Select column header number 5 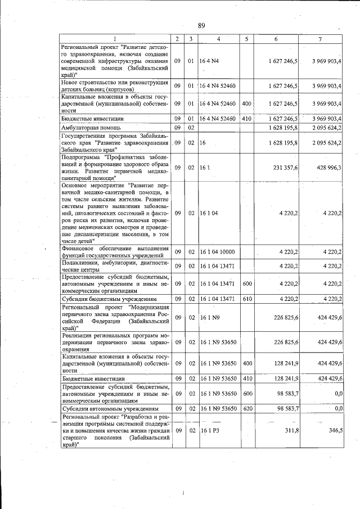[x=246, y=38]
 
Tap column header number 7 [x=319, y=38]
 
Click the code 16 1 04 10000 [x=217, y=253]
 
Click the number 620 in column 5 [x=246, y=408]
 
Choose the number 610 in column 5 [x=246, y=300]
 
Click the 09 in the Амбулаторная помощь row [x=177, y=128]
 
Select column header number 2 [x=177, y=38]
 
